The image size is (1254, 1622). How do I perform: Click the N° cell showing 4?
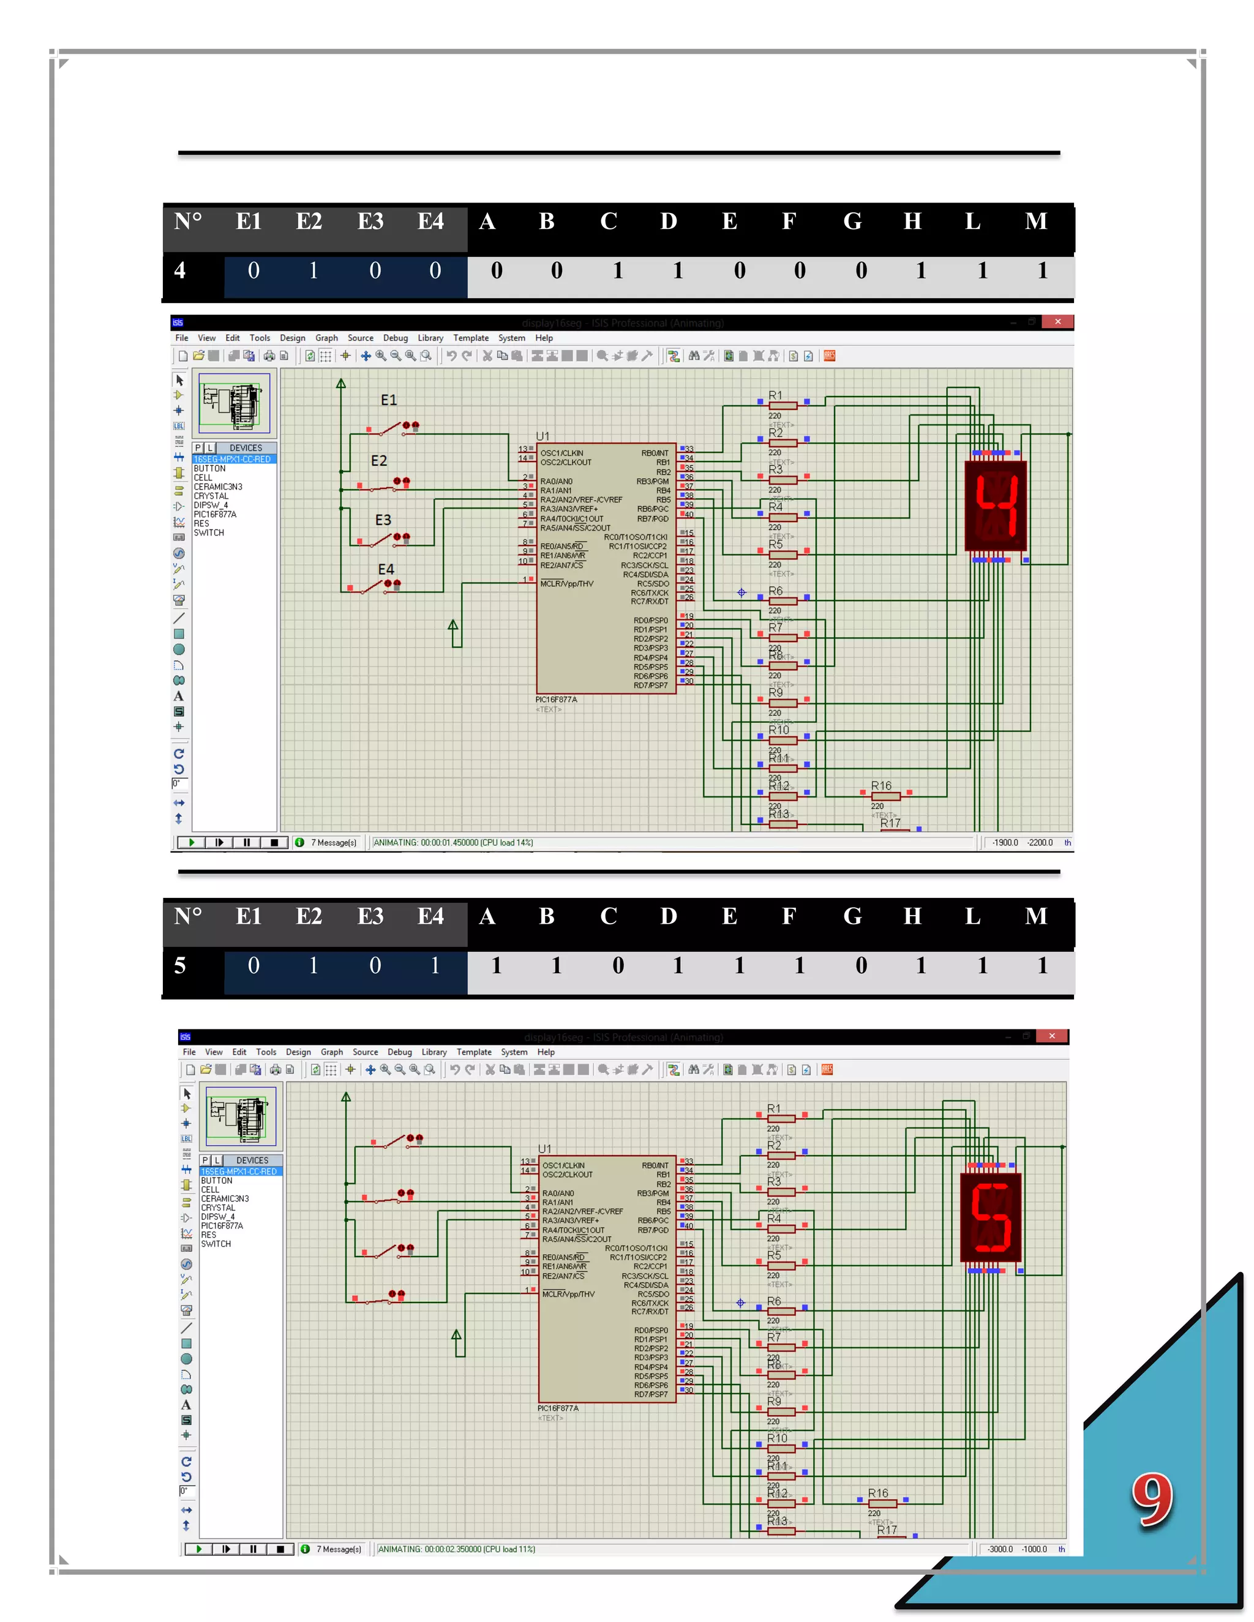(181, 271)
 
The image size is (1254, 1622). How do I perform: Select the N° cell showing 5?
(181, 965)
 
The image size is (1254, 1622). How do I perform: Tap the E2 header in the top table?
(309, 222)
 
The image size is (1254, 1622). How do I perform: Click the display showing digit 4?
(996, 506)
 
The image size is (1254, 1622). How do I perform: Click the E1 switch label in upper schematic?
(389, 400)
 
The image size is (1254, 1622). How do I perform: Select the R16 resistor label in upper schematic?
(881, 786)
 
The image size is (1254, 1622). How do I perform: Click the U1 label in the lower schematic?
(544, 1149)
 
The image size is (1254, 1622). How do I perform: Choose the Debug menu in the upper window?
(395, 338)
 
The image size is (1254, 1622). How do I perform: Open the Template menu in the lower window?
(474, 1052)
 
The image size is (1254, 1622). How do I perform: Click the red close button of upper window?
(1057, 321)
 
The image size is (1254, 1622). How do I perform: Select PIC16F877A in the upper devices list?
(215, 515)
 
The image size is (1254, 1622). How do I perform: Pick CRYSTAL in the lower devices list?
(215, 1208)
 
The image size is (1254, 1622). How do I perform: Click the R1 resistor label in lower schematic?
(774, 1109)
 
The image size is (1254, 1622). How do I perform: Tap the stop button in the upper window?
(274, 843)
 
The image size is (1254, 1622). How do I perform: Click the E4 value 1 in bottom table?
(435, 965)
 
